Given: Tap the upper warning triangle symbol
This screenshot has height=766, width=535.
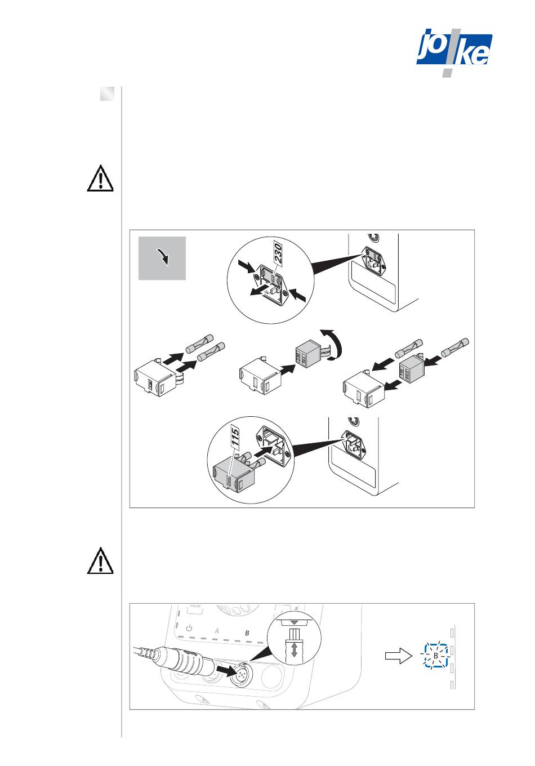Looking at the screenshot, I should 100,179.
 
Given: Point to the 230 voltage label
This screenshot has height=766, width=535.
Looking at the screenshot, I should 278,256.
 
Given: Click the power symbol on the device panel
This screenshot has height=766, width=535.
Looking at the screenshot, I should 189,628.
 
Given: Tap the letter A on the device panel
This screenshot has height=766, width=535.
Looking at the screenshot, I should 216,631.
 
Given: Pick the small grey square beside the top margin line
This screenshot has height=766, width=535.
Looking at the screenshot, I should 107,94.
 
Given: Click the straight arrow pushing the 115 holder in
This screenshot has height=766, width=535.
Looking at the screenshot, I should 261,451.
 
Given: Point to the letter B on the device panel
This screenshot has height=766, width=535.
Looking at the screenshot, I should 246,633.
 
